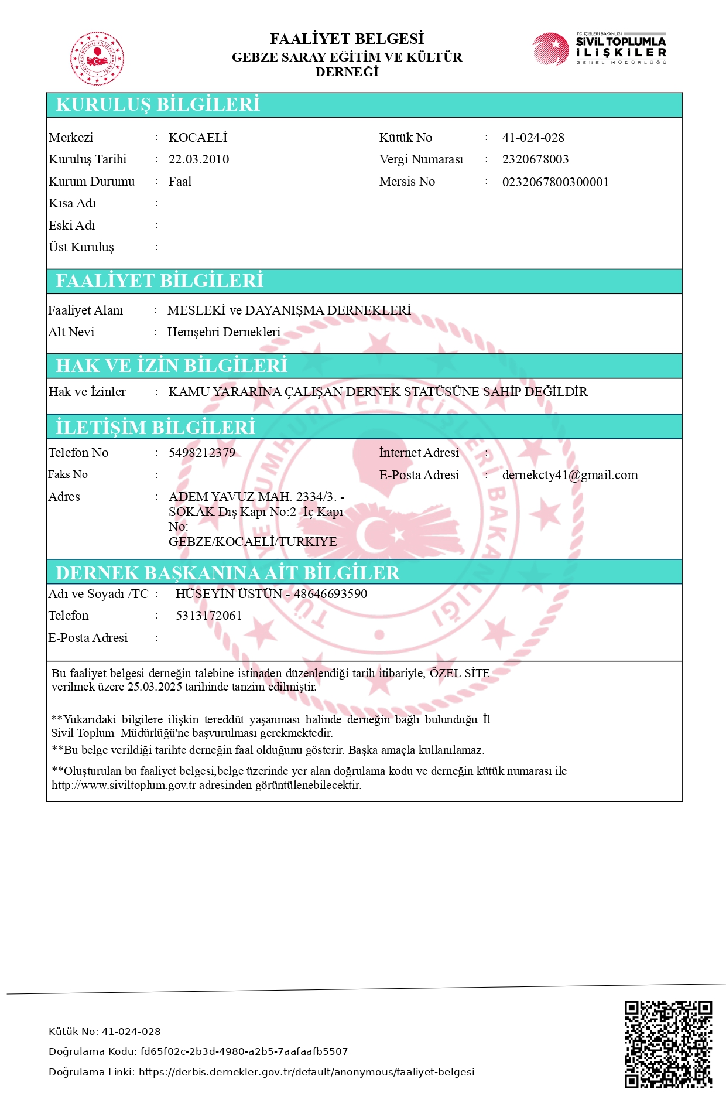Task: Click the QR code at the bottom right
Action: (x=668, y=1044)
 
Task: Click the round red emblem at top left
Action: (x=97, y=59)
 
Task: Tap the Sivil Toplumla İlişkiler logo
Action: (x=599, y=49)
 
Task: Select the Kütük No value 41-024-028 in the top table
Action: (x=533, y=138)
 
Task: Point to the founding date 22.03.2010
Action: (x=198, y=159)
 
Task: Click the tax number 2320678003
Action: (x=535, y=159)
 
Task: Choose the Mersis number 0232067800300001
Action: (x=555, y=182)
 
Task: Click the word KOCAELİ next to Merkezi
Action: (x=198, y=138)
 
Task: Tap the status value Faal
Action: (x=180, y=182)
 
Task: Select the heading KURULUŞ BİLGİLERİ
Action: (x=157, y=104)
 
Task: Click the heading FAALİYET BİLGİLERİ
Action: (x=159, y=281)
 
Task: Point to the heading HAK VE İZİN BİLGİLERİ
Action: (x=172, y=366)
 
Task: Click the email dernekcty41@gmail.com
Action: (x=570, y=475)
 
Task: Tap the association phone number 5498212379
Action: (x=202, y=453)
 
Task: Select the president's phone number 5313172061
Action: (x=208, y=616)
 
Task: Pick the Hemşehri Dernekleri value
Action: (x=224, y=332)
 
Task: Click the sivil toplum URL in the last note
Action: (x=124, y=786)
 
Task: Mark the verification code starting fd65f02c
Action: (x=244, y=1051)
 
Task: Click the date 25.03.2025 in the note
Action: (x=155, y=687)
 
